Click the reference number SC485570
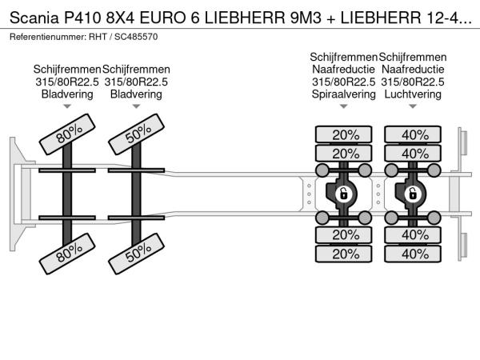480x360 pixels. [136, 37]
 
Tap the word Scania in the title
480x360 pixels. [34, 18]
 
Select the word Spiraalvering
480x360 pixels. [343, 94]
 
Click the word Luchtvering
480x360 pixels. [413, 94]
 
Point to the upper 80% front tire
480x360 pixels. [67, 134]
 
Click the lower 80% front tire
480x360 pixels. [67, 254]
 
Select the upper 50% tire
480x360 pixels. [137, 134]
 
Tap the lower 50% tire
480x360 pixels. [137, 254]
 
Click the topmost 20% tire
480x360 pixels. [343, 134]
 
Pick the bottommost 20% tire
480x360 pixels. [343, 254]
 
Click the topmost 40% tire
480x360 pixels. [413, 134]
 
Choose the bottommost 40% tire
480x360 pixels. [413, 254]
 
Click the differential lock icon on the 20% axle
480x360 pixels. [343, 194]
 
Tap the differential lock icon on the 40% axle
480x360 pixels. [413, 194]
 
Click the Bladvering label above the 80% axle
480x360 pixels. [67, 94]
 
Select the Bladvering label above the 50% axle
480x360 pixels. [136, 94]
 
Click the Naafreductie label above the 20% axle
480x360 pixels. [343, 70]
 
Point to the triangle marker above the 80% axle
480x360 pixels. [67, 106]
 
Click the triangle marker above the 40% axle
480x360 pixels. [413, 106]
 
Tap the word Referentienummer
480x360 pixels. [46, 37]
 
